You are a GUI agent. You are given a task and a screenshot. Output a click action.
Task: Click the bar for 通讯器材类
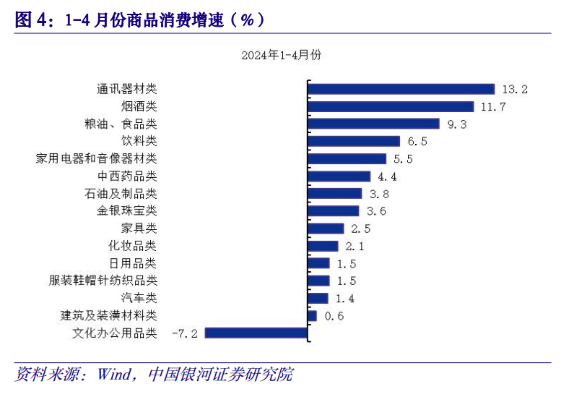(401, 89)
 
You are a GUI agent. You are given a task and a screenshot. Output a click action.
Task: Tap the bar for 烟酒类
(391, 106)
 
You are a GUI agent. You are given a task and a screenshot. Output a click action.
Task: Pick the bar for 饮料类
(354, 141)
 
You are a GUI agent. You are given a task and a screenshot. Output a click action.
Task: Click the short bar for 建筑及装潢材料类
(313, 315)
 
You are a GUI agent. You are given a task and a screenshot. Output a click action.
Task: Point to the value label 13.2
(515, 90)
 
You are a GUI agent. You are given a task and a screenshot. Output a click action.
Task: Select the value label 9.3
(457, 124)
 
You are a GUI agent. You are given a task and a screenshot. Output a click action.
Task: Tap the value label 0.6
(334, 316)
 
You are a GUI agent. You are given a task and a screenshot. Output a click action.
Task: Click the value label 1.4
(345, 299)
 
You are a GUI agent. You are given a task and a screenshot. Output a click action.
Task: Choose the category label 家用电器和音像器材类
(96, 158)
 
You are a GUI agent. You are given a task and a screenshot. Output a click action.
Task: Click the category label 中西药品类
(126, 176)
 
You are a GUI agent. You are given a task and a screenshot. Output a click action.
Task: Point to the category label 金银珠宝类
(126, 210)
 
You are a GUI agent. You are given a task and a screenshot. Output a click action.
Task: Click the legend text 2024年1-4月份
(282, 55)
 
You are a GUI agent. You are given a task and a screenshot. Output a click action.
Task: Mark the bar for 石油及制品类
(335, 193)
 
